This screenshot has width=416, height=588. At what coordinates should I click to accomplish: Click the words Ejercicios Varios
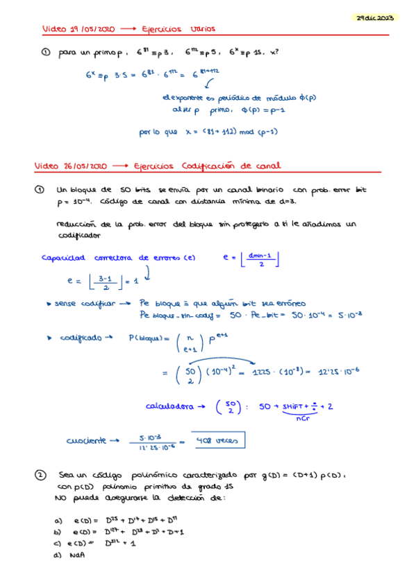click(x=178, y=29)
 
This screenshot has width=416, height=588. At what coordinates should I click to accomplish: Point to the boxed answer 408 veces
click(x=215, y=440)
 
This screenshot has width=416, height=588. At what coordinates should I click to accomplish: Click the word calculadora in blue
click(x=169, y=406)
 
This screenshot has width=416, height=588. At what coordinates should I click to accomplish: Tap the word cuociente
click(x=86, y=440)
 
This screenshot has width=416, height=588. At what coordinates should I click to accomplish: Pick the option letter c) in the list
click(x=58, y=543)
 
